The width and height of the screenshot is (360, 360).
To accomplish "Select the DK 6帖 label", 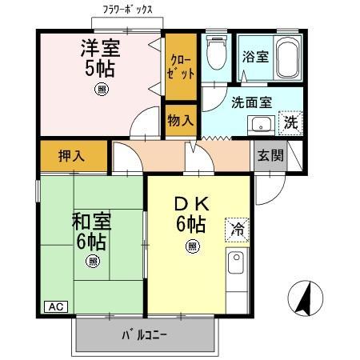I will click(x=192, y=215).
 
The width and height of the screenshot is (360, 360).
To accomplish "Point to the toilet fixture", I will click(x=214, y=54).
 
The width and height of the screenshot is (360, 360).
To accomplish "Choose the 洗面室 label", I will click(x=252, y=102).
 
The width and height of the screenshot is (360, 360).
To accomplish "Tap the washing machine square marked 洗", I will click(x=291, y=124).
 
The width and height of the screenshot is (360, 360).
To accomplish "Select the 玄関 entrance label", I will click(x=270, y=154).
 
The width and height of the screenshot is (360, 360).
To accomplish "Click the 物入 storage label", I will click(x=181, y=121).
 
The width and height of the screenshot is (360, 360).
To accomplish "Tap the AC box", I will click(x=54, y=306).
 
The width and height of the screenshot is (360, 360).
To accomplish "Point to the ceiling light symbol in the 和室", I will click(x=94, y=261).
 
